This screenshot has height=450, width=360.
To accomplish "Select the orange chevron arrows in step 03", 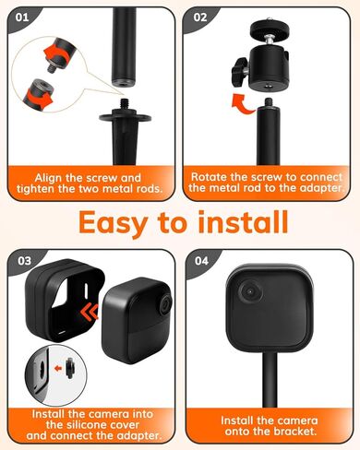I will tap(90, 314).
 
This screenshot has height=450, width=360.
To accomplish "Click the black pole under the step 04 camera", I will tap(270, 387).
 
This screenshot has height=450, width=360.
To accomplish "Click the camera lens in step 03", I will tap(163, 305).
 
